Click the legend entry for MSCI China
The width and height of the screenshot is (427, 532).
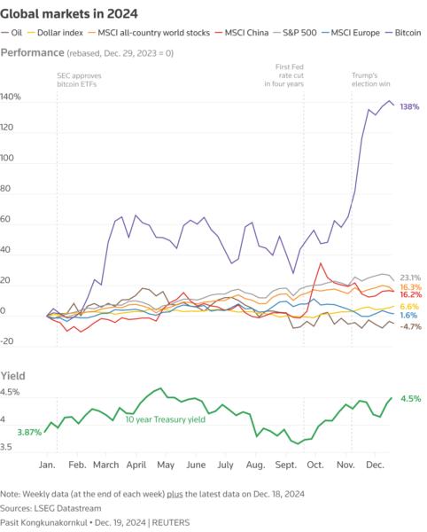[249, 33]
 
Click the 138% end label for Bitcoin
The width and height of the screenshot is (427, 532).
[409, 106]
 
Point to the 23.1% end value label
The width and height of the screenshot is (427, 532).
[409, 278]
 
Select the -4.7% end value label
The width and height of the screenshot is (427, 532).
[410, 326]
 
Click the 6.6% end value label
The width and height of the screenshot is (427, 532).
[409, 306]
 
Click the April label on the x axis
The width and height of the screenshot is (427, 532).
[136, 464]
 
